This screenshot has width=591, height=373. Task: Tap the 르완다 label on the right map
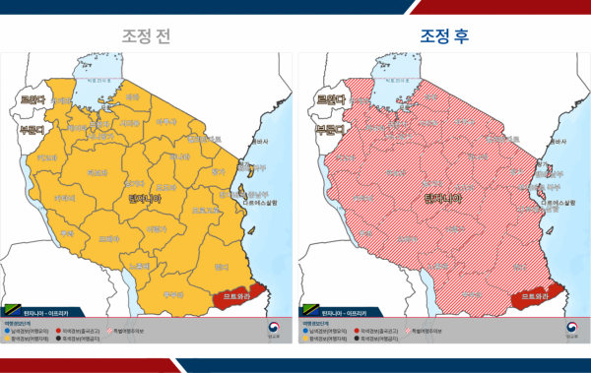[330, 99]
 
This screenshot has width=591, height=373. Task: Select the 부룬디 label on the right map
[330, 127]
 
